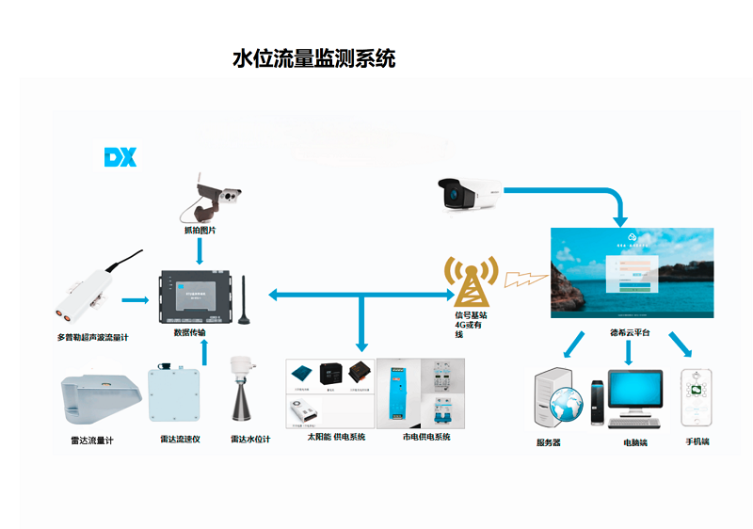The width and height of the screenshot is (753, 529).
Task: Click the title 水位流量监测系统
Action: click(x=314, y=58)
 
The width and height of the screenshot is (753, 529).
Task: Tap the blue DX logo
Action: click(x=120, y=157)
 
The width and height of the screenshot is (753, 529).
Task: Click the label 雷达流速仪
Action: click(x=180, y=440)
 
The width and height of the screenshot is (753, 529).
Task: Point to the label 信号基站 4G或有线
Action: click(x=470, y=324)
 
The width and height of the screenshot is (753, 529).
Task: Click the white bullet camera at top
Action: click(x=470, y=193)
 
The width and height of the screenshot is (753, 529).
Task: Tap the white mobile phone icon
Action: click(x=697, y=398)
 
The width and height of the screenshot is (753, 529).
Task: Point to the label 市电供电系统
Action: click(x=426, y=438)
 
